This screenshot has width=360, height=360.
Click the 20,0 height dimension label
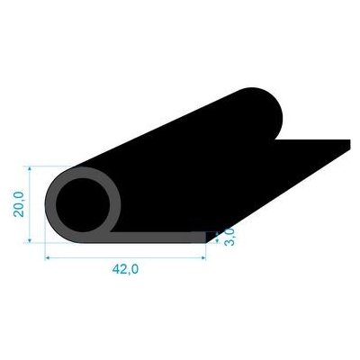(18, 203)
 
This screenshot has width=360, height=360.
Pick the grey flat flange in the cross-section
(162, 238)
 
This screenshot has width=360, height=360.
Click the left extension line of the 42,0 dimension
(45, 250)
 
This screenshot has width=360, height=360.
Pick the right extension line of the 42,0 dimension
(206, 251)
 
